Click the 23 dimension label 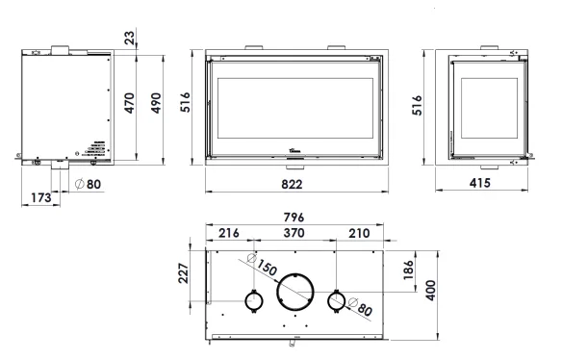click(x=129, y=38)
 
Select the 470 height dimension click(x=129, y=103)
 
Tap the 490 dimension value click(x=156, y=103)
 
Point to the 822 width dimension click(x=292, y=184)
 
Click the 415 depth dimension click(x=479, y=183)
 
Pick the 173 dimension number click(x=41, y=197)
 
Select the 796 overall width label click(x=294, y=218)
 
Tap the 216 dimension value click(x=229, y=233)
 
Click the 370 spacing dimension click(x=294, y=233)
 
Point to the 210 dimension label click(x=359, y=234)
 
